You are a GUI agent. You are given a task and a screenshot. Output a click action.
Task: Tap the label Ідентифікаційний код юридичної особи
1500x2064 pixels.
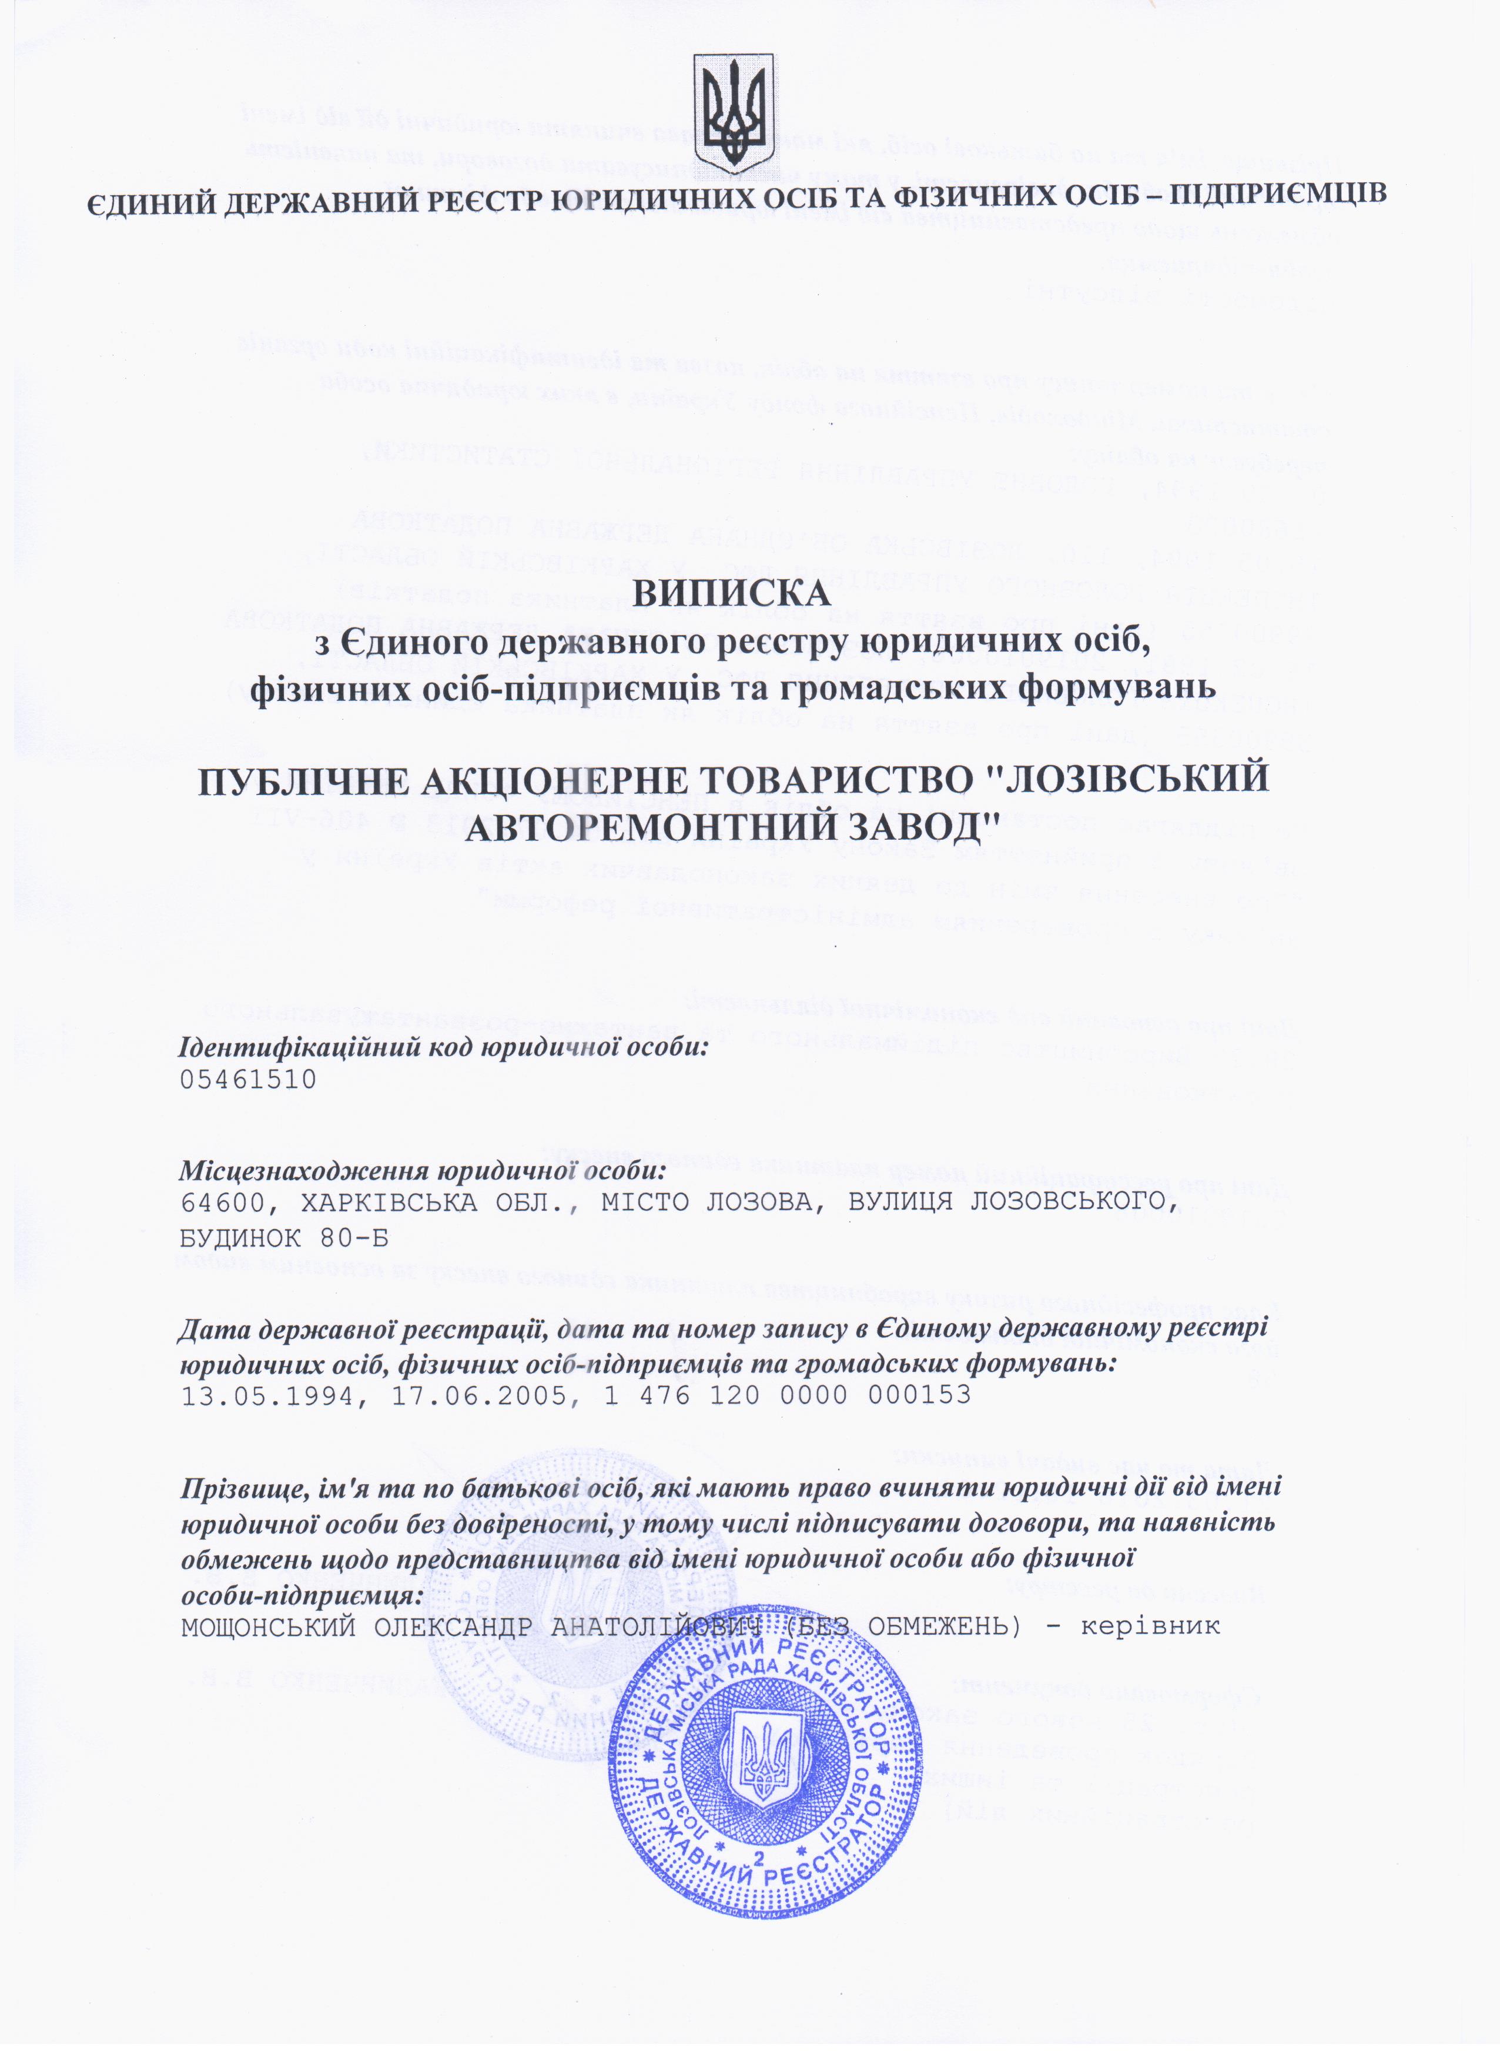(444, 1047)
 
